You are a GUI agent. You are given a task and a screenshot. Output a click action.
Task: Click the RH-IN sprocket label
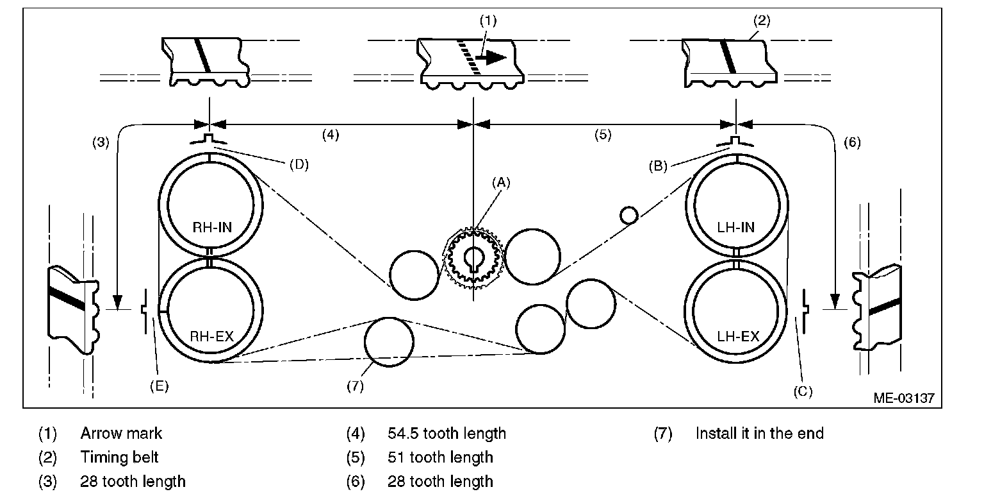[212, 227]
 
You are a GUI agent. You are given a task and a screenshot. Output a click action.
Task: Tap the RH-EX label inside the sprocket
[212, 337]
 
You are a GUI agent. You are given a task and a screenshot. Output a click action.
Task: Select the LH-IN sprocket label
[736, 227]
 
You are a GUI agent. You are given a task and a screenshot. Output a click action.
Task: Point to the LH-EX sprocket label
[738, 337]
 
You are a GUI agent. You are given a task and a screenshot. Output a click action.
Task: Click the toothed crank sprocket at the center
[473, 258]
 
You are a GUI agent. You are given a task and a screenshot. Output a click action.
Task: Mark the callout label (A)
[501, 183]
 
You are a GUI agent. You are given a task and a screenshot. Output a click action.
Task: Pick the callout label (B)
[658, 166]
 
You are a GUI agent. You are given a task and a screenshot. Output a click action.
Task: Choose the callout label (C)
[803, 391]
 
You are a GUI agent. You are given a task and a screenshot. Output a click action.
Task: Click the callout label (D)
[299, 164]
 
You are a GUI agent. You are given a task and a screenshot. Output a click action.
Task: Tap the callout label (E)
[159, 386]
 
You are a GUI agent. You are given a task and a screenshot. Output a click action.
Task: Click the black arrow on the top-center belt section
[491, 57]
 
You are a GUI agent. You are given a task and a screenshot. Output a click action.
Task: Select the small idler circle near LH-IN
[628, 215]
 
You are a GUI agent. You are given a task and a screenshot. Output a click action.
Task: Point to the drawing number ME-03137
[904, 398]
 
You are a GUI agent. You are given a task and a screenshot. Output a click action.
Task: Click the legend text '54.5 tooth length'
[447, 433]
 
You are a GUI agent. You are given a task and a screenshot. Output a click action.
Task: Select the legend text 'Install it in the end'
[760, 433]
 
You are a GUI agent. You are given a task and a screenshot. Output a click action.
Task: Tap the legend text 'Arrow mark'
[121, 433]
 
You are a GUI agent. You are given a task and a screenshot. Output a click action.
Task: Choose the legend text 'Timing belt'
[119, 457]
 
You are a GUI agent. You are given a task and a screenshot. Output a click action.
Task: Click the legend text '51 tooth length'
[440, 457]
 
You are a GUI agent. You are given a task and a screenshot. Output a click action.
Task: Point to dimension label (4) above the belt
[331, 135]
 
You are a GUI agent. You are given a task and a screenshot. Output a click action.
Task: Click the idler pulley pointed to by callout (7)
[389, 342]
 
